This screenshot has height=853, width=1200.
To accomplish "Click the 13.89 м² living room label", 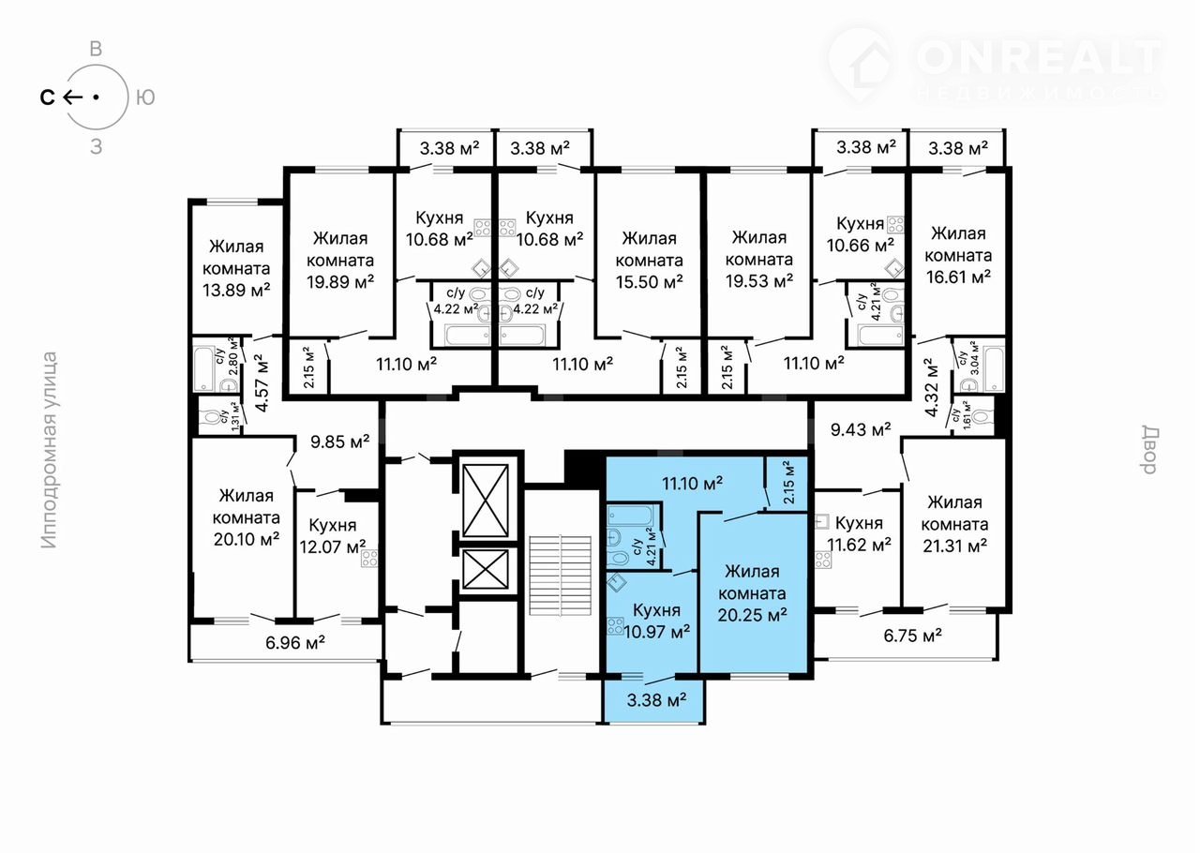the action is pyautogui.click(x=236, y=268).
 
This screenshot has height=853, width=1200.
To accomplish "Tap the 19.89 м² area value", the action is pyautogui.click(x=340, y=282).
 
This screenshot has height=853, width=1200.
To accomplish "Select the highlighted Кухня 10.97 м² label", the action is pyautogui.click(x=656, y=621).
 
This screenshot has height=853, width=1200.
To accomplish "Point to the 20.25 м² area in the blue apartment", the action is pyautogui.click(x=752, y=615).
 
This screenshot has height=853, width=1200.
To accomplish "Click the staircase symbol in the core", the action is pyautogui.click(x=560, y=575).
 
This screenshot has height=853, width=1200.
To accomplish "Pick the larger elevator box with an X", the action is pyautogui.click(x=486, y=501).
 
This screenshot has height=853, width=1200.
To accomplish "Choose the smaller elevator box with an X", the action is pyautogui.click(x=486, y=569).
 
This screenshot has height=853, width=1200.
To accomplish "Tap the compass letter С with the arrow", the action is pyautogui.click(x=61, y=97).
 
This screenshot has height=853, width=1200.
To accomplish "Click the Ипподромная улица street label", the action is pyautogui.click(x=50, y=450).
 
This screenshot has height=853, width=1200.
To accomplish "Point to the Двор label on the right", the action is pyautogui.click(x=1149, y=450).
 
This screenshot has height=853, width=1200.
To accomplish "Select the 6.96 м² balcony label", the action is pyautogui.click(x=295, y=642).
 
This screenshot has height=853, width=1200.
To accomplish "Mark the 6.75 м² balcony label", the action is pyautogui.click(x=913, y=636).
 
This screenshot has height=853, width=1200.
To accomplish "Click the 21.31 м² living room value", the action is pyautogui.click(x=955, y=546).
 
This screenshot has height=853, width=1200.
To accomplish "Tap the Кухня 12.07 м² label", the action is pyautogui.click(x=333, y=536).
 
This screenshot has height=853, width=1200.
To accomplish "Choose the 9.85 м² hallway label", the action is pyautogui.click(x=340, y=441).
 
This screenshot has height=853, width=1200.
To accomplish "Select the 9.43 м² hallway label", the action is pyautogui.click(x=861, y=429).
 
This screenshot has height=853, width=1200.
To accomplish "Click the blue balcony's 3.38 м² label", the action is pyautogui.click(x=657, y=700).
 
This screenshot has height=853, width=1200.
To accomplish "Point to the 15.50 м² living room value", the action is pyautogui.click(x=650, y=282).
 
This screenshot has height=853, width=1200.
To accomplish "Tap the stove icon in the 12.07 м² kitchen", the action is pyautogui.click(x=369, y=559).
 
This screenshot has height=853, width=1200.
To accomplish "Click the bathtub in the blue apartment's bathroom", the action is pyautogui.click(x=631, y=516).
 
